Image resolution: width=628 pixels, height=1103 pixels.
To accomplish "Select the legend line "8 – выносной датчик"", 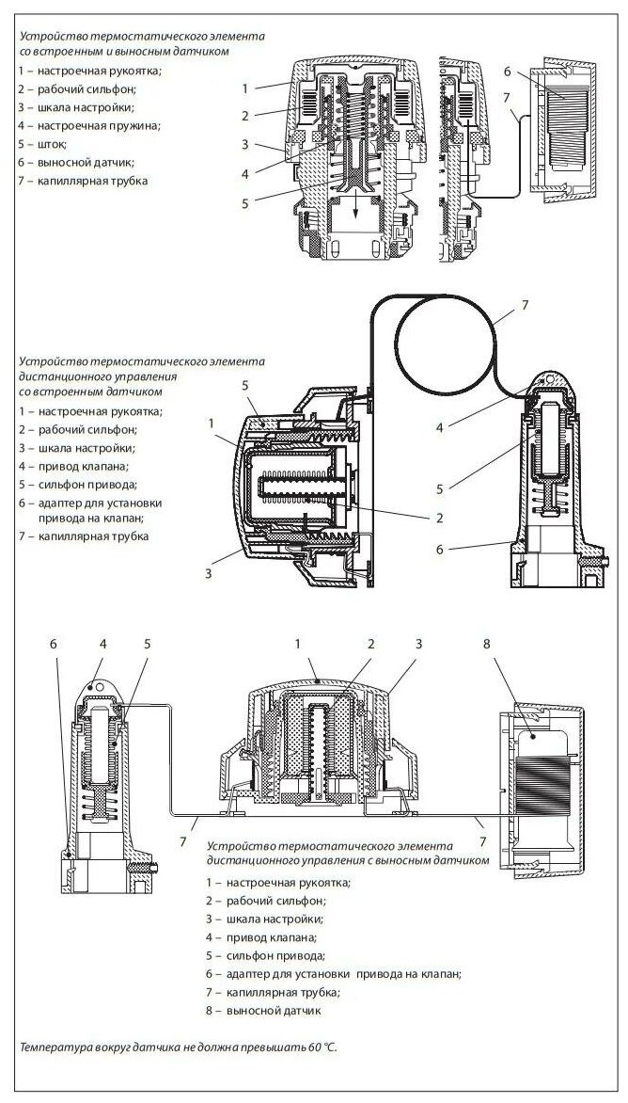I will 264,1011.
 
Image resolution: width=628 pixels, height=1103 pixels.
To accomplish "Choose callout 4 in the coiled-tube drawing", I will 441,426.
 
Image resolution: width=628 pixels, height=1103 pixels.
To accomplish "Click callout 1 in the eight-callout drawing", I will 297,645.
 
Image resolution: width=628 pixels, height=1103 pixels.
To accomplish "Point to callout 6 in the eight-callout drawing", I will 54,645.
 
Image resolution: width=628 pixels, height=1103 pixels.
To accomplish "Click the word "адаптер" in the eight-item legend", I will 251,974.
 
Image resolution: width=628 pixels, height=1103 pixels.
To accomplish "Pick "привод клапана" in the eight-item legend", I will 272,937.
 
